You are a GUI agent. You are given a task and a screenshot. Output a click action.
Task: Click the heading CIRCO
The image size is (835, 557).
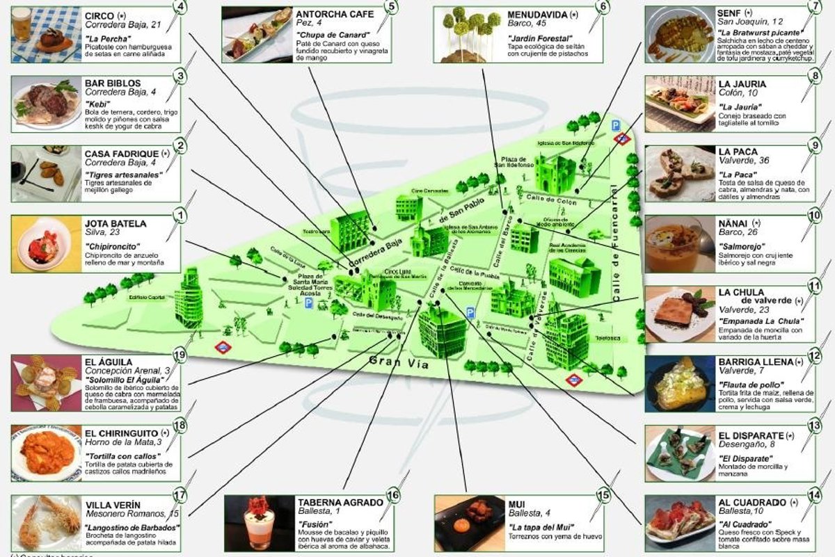pos(100,15)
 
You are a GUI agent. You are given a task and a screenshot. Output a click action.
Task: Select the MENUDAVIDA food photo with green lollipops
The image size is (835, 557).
pos(467,33)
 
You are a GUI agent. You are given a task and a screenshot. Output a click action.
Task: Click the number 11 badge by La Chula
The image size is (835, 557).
pos(815,286)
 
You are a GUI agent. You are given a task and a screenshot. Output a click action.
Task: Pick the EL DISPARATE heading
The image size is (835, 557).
pos(751,436)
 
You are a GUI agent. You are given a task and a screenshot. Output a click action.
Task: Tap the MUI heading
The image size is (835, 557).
pos(517,503)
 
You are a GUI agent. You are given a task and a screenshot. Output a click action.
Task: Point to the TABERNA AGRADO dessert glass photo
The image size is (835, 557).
pos(256,523)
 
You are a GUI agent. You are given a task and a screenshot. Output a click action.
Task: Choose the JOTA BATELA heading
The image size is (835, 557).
pos(116,224)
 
